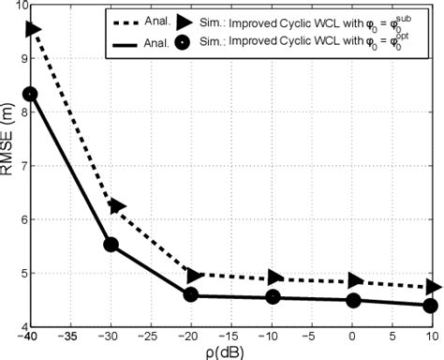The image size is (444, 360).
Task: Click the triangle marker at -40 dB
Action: point(33,30)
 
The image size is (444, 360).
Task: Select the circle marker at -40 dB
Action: point(31,94)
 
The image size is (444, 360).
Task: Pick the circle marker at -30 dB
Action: point(111,245)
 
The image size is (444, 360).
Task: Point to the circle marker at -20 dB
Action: point(191,295)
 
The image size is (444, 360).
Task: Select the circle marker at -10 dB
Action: point(273,297)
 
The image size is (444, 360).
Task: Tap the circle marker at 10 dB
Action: point(431,305)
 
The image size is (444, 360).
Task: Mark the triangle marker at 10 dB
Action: point(433,287)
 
